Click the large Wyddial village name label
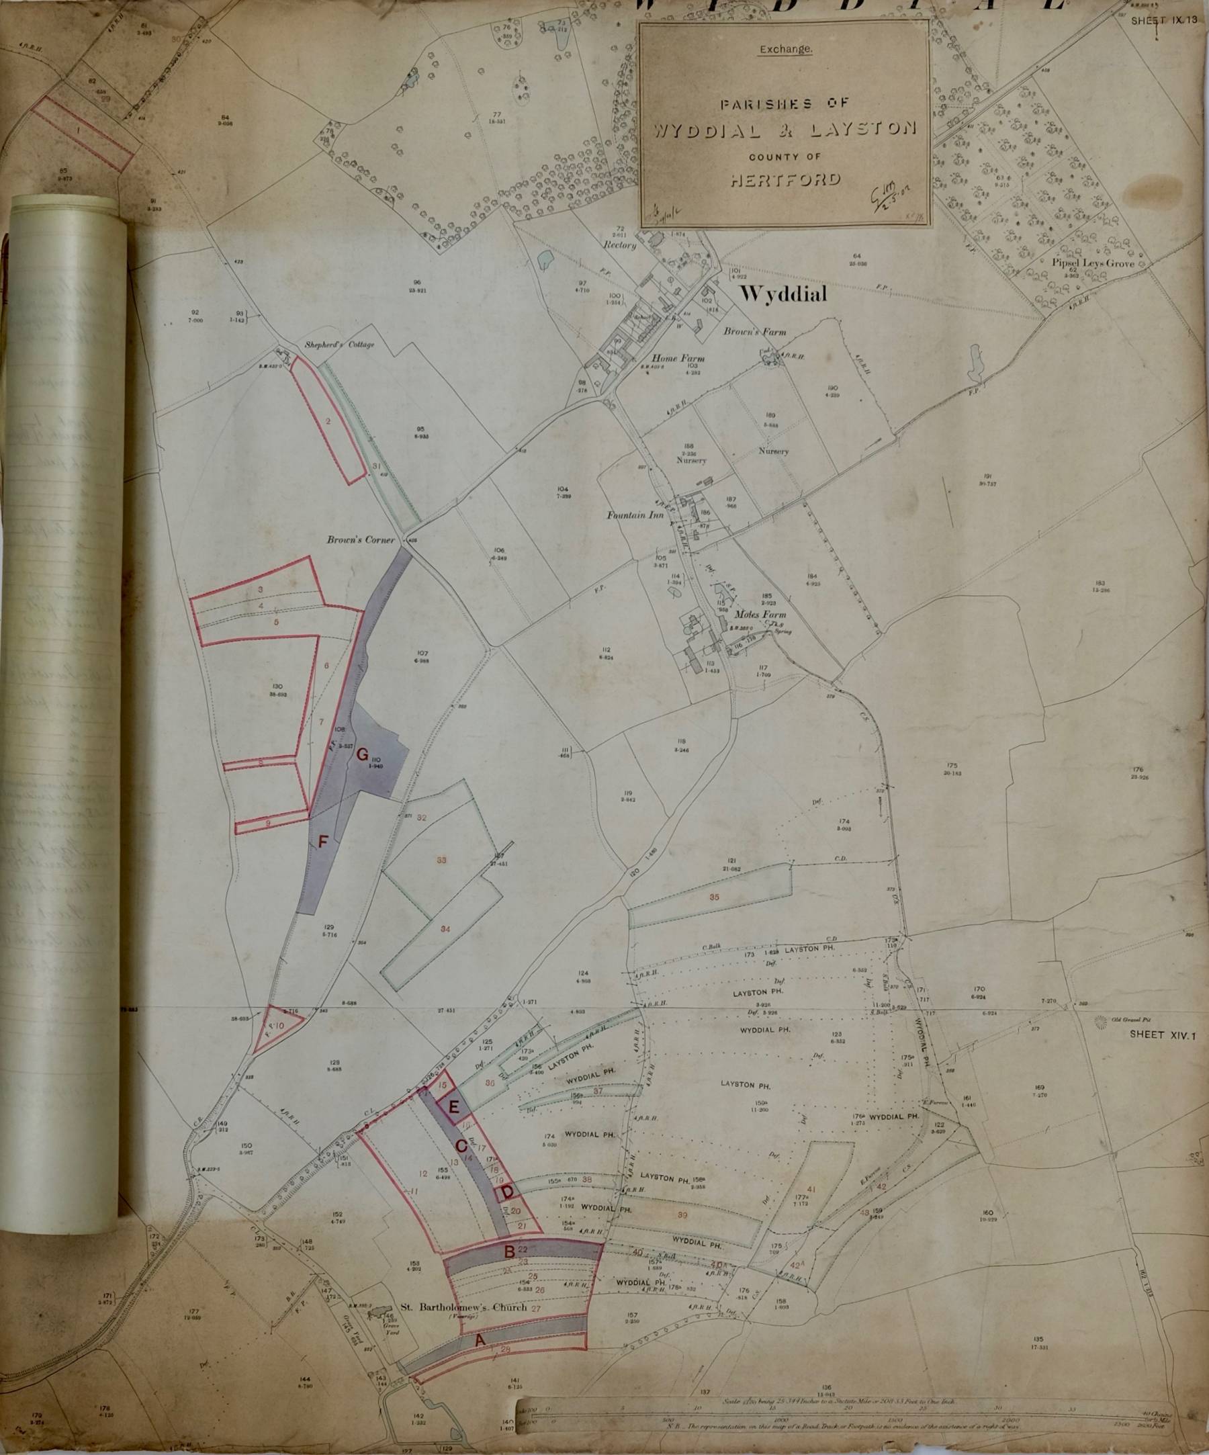(785, 294)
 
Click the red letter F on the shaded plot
(322, 841)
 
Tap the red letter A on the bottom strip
(478, 1342)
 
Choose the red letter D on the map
(507, 1193)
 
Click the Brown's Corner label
(361, 539)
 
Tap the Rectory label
(620, 245)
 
